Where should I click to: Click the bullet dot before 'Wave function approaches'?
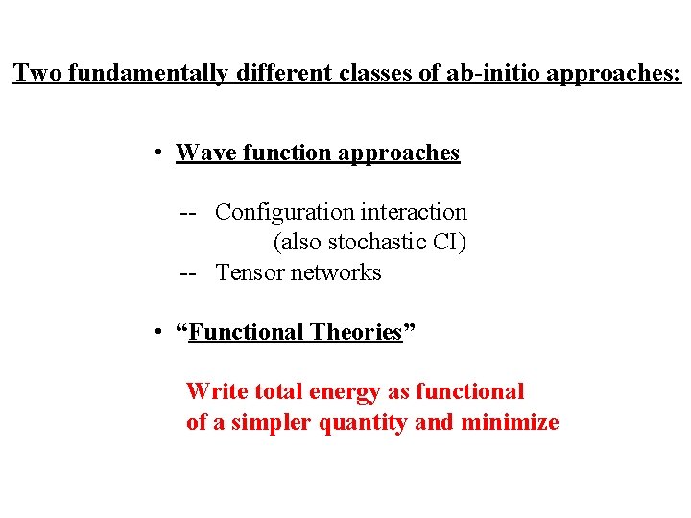(155, 153)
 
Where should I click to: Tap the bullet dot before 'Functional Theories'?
(155, 333)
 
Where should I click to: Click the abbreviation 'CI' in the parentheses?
(448, 243)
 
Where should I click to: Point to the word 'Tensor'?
(250, 272)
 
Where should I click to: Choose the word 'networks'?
(336, 272)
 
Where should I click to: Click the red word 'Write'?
(210, 391)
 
